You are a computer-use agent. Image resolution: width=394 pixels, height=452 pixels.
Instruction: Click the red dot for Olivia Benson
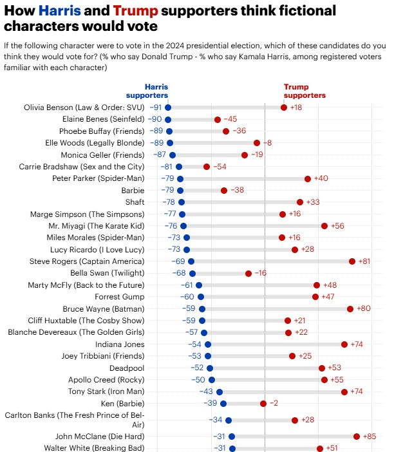(x=284, y=107)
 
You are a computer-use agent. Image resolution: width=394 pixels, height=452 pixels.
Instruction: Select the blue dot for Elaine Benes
(x=168, y=119)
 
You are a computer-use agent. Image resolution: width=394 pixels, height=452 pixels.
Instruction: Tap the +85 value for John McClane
(x=370, y=436)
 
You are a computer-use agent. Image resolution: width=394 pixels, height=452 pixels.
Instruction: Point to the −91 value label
(x=156, y=107)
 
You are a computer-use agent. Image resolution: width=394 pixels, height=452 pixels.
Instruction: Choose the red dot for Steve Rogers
(x=352, y=261)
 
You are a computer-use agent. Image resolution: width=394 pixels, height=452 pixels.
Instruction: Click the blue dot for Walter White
(x=232, y=448)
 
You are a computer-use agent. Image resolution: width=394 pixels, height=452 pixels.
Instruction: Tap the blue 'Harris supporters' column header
(x=156, y=91)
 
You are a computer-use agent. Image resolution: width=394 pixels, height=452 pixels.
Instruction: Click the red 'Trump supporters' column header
(x=305, y=91)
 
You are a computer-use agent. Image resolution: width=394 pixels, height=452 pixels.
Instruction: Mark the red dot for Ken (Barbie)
(x=263, y=404)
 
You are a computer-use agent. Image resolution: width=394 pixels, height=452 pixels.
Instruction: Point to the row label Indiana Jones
(x=118, y=344)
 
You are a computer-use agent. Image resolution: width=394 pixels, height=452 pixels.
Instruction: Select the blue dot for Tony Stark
(x=220, y=391)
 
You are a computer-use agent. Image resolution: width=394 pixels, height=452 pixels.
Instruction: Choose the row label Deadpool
(x=127, y=368)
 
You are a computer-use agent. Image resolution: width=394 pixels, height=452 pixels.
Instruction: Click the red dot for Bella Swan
(x=249, y=273)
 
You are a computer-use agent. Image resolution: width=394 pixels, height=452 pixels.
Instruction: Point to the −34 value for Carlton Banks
(x=216, y=420)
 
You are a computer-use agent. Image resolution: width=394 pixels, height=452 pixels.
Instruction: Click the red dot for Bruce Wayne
(x=350, y=308)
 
